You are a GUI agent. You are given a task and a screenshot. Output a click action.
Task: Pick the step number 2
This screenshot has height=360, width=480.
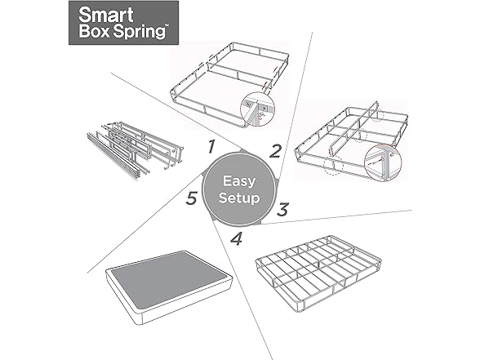point(276,150)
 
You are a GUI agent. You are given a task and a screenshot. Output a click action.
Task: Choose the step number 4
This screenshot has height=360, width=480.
point(237,240)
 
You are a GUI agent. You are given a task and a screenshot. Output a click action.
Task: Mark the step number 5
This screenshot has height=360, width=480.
point(190,198)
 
